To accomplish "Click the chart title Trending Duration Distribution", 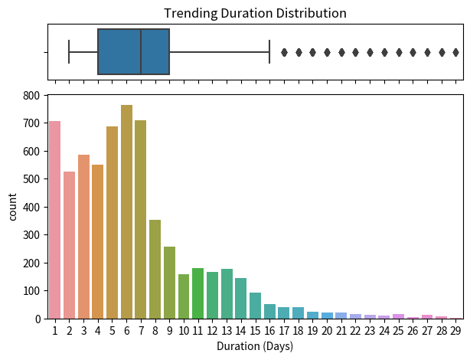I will click(x=255, y=13).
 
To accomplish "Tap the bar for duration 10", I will click(x=184, y=296).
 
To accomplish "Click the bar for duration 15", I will click(x=255, y=306).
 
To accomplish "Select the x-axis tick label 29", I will click(x=455, y=330).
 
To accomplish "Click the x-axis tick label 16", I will click(x=269, y=330).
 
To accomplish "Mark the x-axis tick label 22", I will click(x=355, y=330).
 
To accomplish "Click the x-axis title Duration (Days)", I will click(x=255, y=346).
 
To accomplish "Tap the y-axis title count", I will click(x=13, y=207).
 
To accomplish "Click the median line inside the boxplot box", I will click(x=141, y=52).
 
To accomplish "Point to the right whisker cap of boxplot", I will click(x=269, y=52).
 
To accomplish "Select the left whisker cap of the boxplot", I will click(x=70, y=52).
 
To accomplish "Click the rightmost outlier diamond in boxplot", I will click(x=456, y=52).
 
